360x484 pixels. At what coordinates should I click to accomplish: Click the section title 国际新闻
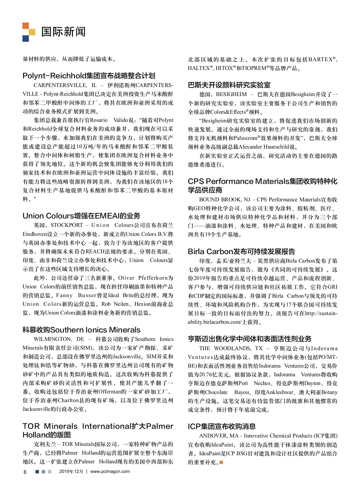pyautogui.click(x=63, y=32)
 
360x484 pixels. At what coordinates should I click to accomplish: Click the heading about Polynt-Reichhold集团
pyautogui.click(x=89, y=76)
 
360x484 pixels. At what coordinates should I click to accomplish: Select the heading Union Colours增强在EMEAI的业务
pyautogui.click(x=81, y=216)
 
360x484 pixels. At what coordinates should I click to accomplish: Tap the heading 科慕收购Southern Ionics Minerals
pyautogui.click(x=81, y=330)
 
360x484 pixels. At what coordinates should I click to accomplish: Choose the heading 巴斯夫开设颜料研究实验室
pyautogui.click(x=229, y=85)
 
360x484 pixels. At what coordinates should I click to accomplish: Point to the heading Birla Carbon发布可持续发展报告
pyautogui.click(x=241, y=251)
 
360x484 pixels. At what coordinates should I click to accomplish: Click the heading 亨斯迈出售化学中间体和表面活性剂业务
pyautogui.click(x=250, y=339)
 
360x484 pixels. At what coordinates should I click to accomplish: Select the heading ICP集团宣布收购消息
pyautogui.click(x=222, y=426)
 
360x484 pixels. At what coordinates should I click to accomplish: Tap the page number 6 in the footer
pyautogui.click(x=25, y=472)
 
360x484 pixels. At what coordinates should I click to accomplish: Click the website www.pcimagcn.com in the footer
pyautogui.click(x=110, y=471)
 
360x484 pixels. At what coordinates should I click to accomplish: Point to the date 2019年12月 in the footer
pyautogui.click(x=71, y=471)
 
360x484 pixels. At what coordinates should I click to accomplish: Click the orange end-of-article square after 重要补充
pyautogui.click(x=221, y=462)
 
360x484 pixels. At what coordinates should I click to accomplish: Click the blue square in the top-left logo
pyautogui.click(x=26, y=38)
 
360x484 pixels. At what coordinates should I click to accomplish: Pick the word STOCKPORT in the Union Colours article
pyautogui.click(x=67, y=225)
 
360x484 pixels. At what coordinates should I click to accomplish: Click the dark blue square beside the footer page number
pyautogui.click(x=37, y=472)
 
